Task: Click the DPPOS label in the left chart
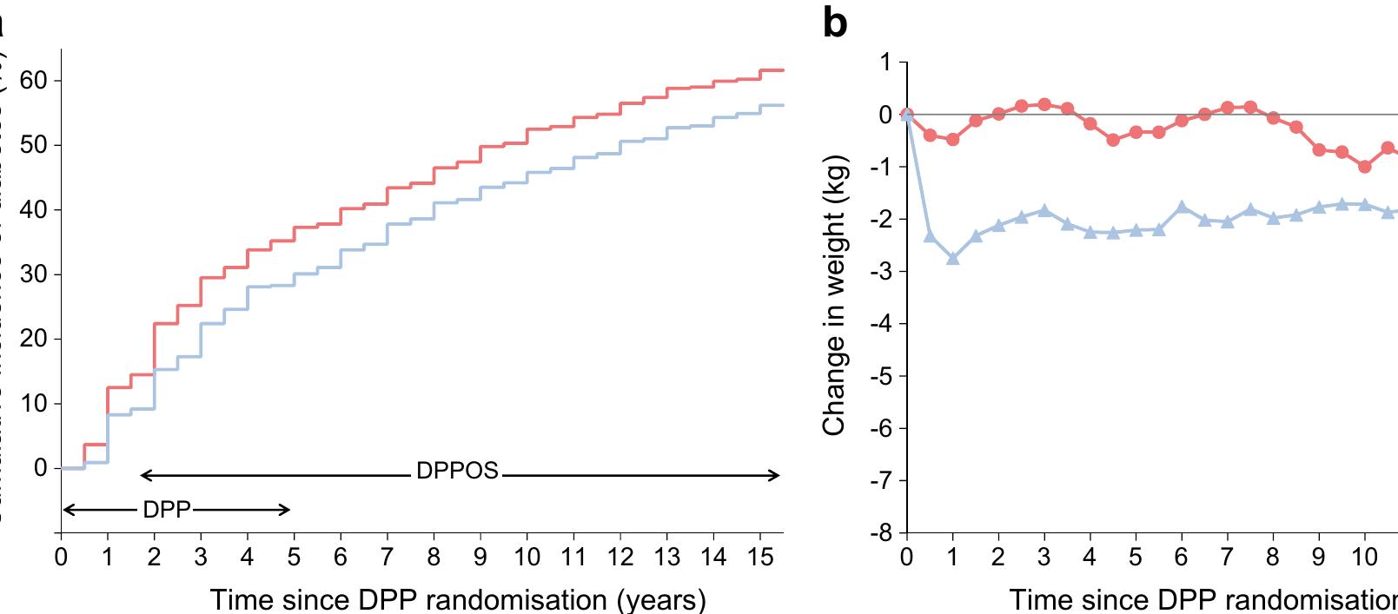pyautogui.click(x=457, y=471)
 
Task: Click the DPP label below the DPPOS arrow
pyautogui.click(x=166, y=510)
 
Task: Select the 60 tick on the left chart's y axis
pyautogui.click(x=35, y=81)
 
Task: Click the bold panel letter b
pyautogui.click(x=834, y=23)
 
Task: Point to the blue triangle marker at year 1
pyautogui.click(x=952, y=259)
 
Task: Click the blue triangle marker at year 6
pyautogui.click(x=1182, y=207)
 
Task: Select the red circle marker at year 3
pyautogui.click(x=1044, y=104)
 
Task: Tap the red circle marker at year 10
pyautogui.click(x=1364, y=167)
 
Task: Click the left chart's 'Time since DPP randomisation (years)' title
pyautogui.click(x=458, y=599)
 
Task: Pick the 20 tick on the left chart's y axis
pyautogui.click(x=35, y=339)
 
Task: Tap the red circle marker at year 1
pyautogui.click(x=952, y=139)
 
